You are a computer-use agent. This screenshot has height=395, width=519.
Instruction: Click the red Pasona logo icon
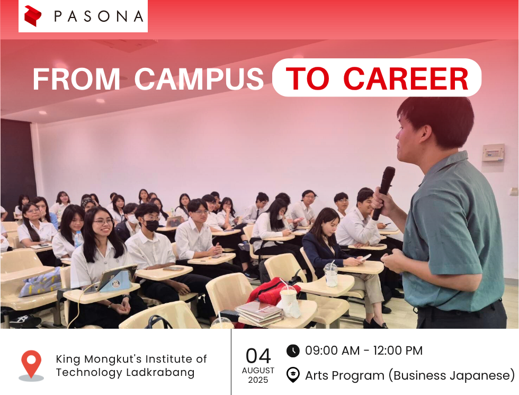(x=33, y=16)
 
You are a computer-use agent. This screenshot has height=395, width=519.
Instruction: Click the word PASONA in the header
(x=99, y=16)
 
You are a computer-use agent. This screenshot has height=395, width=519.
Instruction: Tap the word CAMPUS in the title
(x=199, y=79)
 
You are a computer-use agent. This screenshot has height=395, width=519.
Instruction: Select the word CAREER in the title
(x=406, y=79)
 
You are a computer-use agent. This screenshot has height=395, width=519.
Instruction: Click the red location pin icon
(x=31, y=365)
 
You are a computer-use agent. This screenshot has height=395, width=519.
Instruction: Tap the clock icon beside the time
(x=293, y=351)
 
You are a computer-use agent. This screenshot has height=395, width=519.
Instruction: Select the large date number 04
(x=258, y=356)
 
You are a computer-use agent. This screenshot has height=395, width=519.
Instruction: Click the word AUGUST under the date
(x=258, y=371)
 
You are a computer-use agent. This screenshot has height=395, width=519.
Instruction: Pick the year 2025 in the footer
(x=258, y=380)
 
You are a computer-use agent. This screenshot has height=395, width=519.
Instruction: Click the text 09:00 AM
(x=332, y=350)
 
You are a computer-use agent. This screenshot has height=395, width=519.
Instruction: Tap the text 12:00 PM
(x=398, y=350)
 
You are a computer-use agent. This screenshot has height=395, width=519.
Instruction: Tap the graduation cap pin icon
(x=293, y=375)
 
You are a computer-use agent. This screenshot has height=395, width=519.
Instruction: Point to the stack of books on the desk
(x=259, y=313)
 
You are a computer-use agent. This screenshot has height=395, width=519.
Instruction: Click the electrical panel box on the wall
(x=493, y=153)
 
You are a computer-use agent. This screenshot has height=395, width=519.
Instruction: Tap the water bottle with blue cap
(x=79, y=239)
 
